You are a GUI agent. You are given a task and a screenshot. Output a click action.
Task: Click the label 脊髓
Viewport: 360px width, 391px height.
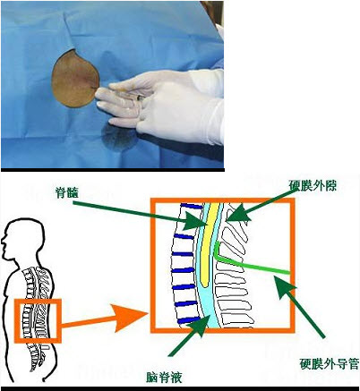66,193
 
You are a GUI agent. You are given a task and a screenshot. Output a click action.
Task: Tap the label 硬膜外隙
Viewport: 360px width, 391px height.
313,185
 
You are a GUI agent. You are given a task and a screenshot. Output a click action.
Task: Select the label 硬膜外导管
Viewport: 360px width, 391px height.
329,363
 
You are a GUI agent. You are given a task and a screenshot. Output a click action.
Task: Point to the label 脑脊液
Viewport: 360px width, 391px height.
164,378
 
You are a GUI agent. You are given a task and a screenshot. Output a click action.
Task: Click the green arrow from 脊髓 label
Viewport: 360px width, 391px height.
140,215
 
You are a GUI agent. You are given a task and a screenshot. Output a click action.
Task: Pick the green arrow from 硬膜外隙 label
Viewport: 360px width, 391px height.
259,206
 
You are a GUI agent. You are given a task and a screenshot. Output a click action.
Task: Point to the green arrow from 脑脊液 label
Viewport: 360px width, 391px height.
191,335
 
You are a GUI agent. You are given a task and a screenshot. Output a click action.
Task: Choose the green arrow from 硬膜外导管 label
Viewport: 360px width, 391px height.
299,307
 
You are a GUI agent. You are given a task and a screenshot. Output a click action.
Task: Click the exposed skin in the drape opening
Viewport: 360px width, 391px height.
74,79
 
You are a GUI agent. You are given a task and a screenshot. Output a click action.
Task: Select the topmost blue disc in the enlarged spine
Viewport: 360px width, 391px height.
192,206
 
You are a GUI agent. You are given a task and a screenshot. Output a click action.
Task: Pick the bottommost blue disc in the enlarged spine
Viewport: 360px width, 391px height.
189,320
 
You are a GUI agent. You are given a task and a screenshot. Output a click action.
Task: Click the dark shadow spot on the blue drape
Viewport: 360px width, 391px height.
119,138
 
